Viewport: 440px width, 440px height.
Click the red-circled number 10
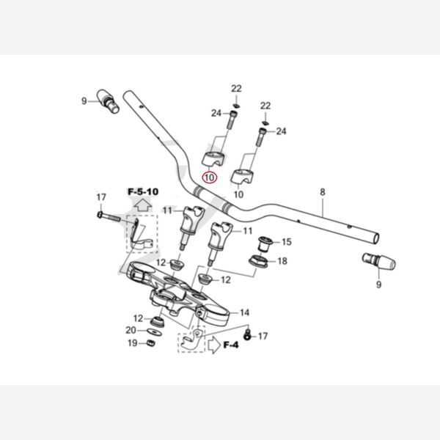coord(209,177)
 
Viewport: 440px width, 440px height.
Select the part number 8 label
coord(321,192)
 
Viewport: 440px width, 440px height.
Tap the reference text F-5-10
coord(143,192)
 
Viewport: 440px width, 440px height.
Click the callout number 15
coord(286,241)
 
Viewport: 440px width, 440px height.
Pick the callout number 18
coord(282,261)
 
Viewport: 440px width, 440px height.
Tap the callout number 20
coord(131,330)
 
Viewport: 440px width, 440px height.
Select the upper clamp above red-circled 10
coord(213,158)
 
